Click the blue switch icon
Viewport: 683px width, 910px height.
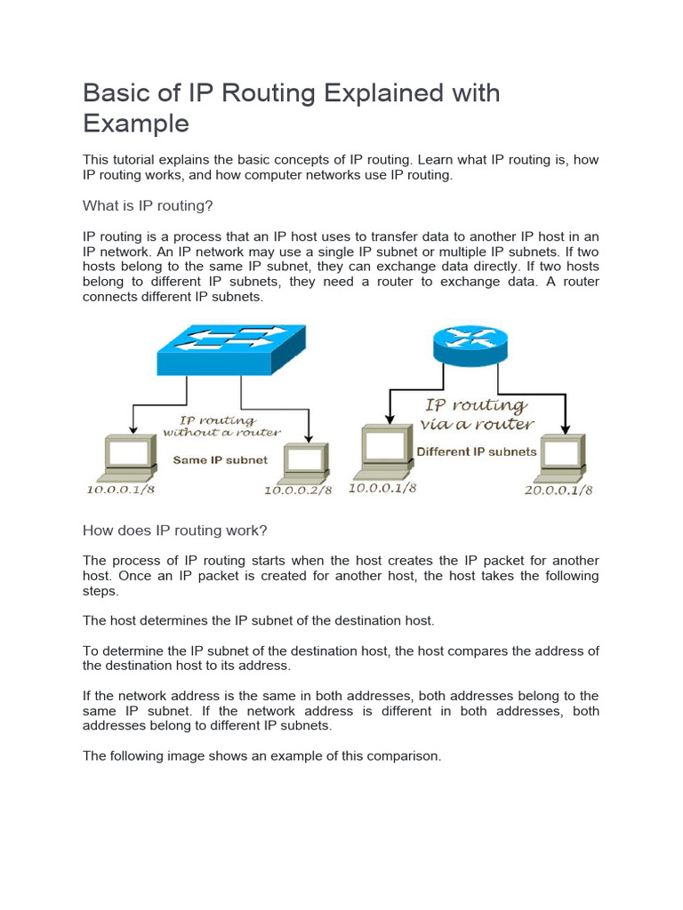click(231, 349)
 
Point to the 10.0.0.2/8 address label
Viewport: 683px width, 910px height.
click(297, 491)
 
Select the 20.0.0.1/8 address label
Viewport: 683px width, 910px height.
click(558, 491)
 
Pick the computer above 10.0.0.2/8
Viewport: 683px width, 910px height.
click(304, 460)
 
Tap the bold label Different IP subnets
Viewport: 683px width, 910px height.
click(477, 451)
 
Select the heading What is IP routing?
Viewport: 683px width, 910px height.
click(148, 206)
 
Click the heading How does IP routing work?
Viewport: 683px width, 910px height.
click(174, 531)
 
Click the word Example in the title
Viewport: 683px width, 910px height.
click(136, 123)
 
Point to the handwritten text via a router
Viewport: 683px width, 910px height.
click(477, 425)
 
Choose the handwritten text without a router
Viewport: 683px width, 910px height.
click(221, 433)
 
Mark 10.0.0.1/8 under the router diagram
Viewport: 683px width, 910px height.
click(382, 488)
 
